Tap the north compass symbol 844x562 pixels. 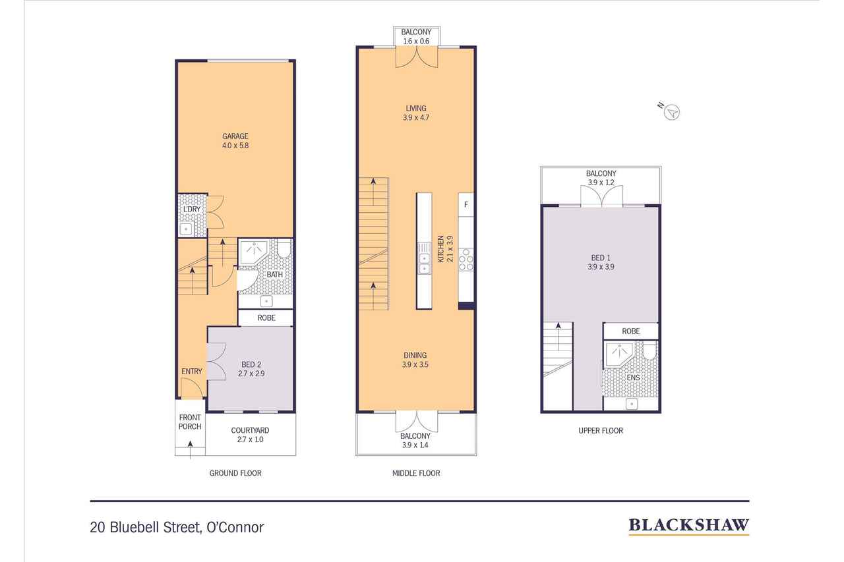point(671,112)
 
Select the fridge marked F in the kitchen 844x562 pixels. point(466,205)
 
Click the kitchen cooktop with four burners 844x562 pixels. point(466,260)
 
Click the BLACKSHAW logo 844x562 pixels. point(688,526)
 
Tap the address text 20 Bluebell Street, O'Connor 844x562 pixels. point(177,527)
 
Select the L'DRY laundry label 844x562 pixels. point(192,210)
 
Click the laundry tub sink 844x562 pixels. point(186,229)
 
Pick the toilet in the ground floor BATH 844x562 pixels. point(284,248)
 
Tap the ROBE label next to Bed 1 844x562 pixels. point(631,331)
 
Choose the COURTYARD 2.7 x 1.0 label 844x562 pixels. point(250,435)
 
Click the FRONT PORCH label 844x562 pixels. point(190,422)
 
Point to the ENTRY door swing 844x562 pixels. point(192,388)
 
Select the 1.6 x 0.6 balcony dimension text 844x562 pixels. point(416,41)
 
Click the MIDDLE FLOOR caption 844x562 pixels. point(416,473)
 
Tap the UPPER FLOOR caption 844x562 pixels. point(601,431)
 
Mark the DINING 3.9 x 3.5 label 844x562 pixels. point(415,360)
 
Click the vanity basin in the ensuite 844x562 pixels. point(632,405)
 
